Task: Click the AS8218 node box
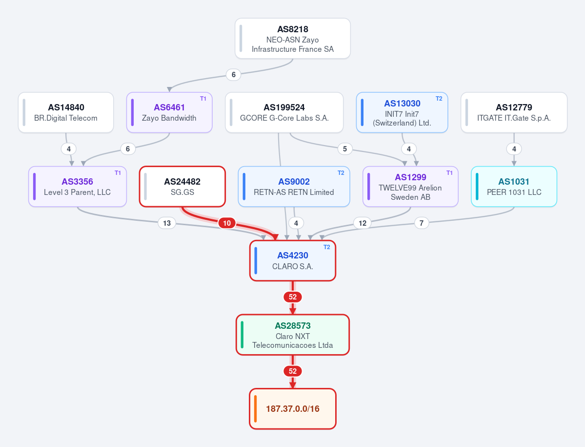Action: [293, 39]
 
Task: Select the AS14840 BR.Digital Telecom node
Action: [66, 112]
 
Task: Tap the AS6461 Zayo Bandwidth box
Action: [169, 112]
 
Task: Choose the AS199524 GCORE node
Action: [284, 112]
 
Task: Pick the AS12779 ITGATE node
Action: [514, 112]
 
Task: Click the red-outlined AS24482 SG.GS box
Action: [182, 186]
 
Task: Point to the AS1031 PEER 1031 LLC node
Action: [514, 186]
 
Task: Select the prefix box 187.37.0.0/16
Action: [293, 409]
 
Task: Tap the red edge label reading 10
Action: [227, 223]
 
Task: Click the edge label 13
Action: [167, 223]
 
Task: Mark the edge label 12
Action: [363, 223]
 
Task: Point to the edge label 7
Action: [422, 223]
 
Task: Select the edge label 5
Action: [345, 149]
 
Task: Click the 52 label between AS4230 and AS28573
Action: [293, 297]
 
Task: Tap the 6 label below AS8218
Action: [234, 75]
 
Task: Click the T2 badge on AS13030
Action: [439, 99]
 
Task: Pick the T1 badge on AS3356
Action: [118, 173]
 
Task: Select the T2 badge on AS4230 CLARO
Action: [327, 247]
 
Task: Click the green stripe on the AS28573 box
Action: [242, 335]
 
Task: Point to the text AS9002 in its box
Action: [294, 182]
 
